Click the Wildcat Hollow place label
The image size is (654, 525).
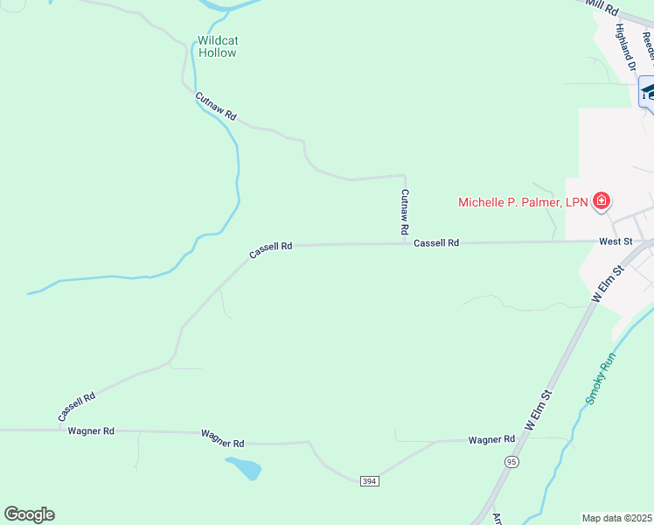[x=218, y=46]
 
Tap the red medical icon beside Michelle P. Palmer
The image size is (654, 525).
[x=601, y=202]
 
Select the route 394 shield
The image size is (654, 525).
[x=369, y=481]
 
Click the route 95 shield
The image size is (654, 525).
[x=511, y=461]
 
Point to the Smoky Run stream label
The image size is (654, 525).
[x=601, y=377]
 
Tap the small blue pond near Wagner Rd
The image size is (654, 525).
[x=245, y=468]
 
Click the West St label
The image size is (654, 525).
[x=616, y=241]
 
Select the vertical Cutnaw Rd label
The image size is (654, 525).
[x=405, y=212]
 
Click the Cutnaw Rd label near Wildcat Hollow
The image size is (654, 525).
[x=216, y=106]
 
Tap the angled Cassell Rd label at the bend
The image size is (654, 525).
[x=270, y=250]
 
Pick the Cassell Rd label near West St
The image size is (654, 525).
[x=436, y=243]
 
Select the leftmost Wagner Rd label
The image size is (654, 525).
[x=91, y=431]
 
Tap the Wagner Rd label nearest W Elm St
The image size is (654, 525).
[x=491, y=439]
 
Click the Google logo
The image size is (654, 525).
[x=29, y=514]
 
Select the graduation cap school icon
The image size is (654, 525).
[x=648, y=90]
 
